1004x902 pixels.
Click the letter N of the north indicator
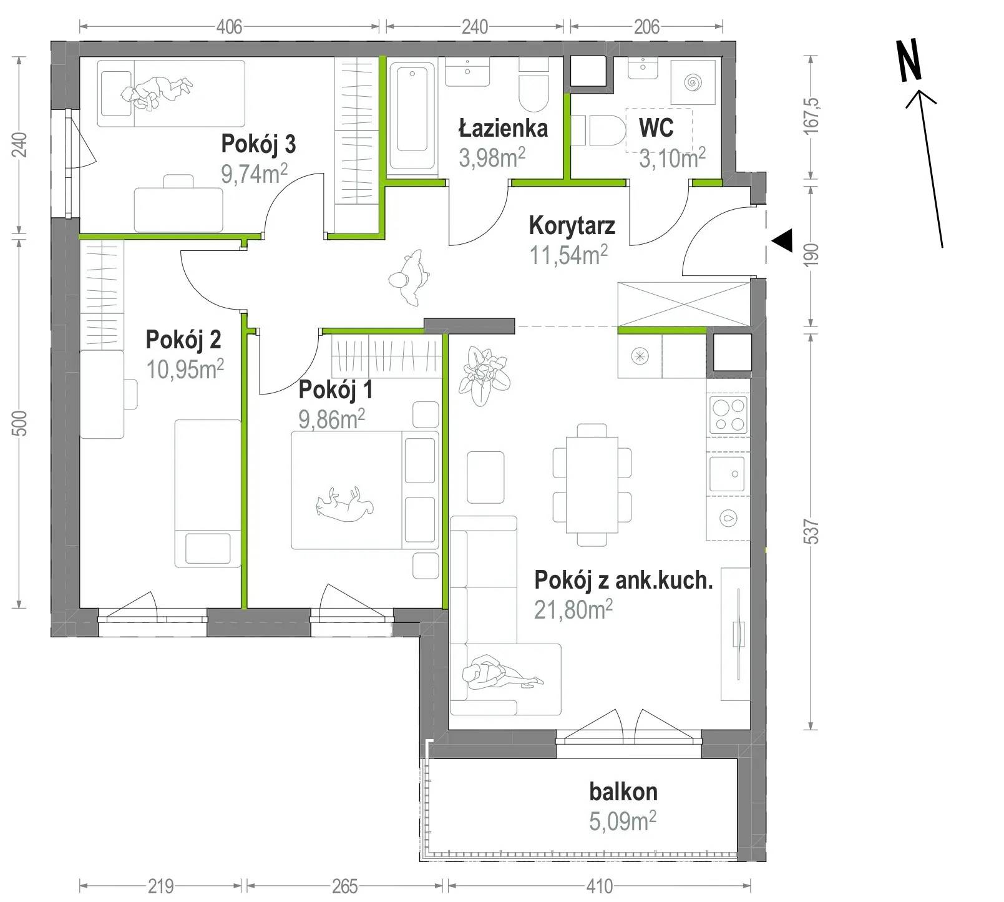click(909, 61)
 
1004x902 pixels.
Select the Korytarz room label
click(572, 226)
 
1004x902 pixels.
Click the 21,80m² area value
click(573, 609)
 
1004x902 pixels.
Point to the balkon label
click(623, 792)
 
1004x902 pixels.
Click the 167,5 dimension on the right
click(811, 115)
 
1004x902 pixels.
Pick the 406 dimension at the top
click(229, 27)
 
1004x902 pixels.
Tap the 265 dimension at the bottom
click(345, 886)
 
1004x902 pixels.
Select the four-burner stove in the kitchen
click(729, 414)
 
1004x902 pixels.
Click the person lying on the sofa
click(502, 672)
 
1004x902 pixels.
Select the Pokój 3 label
click(258, 144)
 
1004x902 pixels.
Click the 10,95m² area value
click(185, 369)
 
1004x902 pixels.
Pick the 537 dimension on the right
click(811, 532)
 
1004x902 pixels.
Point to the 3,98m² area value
click(492, 157)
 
